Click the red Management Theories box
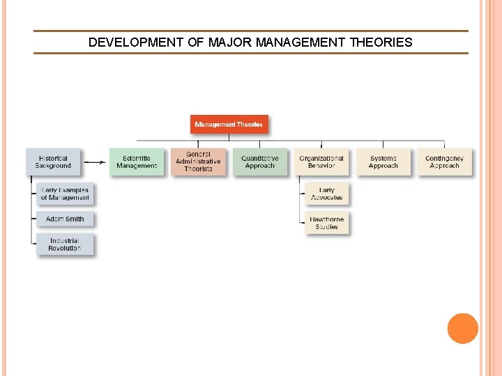click(229, 125)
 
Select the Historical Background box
click(53, 162)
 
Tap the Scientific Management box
click(137, 162)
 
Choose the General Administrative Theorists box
click(198, 162)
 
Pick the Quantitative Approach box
click(259, 162)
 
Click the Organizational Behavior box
click(321, 162)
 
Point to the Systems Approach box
click(383, 162)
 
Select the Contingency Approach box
click(444, 162)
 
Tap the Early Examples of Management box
click(65, 194)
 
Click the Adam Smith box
click(65, 219)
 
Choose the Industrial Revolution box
click(65, 244)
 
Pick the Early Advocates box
click(326, 194)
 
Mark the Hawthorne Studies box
click(326, 224)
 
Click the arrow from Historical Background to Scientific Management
click(96, 163)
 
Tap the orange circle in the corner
click(463, 329)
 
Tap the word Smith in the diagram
click(74, 219)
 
